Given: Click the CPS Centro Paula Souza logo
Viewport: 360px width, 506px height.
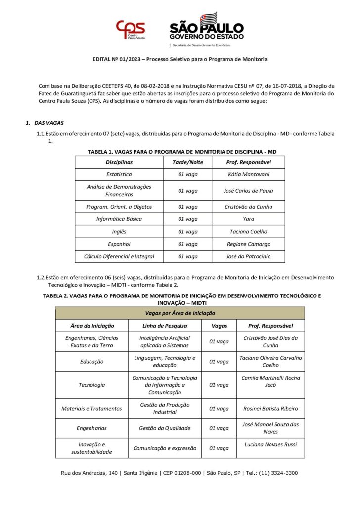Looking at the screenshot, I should (x=130, y=30).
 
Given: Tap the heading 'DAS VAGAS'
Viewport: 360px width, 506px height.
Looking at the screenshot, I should (x=49, y=123).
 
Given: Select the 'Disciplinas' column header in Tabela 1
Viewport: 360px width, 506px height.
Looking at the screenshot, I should (x=119, y=162).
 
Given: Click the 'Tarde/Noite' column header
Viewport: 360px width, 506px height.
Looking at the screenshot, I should (x=187, y=162).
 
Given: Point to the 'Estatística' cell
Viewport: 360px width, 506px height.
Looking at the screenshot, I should (x=119, y=174).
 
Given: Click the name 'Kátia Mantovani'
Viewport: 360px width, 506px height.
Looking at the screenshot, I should (x=249, y=174).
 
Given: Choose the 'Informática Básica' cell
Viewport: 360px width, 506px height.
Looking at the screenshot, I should (x=119, y=219).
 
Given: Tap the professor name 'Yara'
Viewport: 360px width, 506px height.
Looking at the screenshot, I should (x=249, y=219).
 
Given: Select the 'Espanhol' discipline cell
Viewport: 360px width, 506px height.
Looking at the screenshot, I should (x=119, y=244).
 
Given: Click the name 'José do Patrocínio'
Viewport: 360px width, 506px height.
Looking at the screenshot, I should (x=249, y=256).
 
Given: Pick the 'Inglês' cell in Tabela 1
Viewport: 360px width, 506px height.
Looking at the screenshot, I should (x=119, y=231).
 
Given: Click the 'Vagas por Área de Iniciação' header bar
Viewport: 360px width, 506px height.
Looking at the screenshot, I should (x=180, y=313).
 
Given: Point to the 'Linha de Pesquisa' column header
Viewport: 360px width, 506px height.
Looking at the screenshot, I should (x=165, y=326).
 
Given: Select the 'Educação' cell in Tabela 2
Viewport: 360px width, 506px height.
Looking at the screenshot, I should (x=91, y=361).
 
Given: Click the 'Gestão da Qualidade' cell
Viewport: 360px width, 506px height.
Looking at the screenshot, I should (x=165, y=428).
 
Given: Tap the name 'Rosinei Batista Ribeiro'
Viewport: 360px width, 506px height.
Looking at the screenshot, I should (x=270, y=409).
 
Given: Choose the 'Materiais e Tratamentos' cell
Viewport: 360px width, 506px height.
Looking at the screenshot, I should (x=91, y=409).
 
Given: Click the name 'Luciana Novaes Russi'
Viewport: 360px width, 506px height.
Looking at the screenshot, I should (x=270, y=444).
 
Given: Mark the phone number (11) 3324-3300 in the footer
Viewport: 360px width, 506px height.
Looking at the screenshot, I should (x=276, y=473).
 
